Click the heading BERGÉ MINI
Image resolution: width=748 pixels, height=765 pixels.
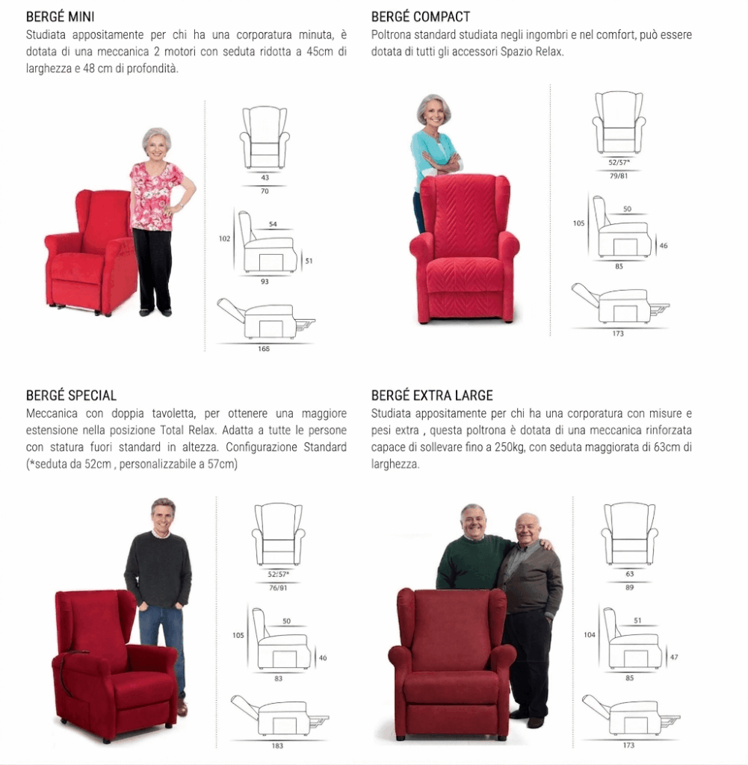click(x=60, y=16)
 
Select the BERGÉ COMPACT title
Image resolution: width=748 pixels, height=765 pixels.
click(x=420, y=16)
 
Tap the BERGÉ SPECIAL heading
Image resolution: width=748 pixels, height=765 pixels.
click(x=71, y=395)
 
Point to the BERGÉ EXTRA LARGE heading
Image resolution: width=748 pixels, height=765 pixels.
click(x=432, y=395)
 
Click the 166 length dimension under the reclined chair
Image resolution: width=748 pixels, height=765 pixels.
click(x=264, y=349)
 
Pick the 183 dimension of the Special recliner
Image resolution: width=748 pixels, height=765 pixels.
click(x=277, y=746)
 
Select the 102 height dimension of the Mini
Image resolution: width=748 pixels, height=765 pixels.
click(x=224, y=238)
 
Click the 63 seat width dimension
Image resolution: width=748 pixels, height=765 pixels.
click(x=629, y=574)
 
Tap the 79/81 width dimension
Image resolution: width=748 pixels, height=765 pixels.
click(x=619, y=176)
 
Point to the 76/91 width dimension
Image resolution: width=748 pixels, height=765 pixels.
click(x=278, y=588)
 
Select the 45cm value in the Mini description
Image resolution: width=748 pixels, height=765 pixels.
click(x=320, y=52)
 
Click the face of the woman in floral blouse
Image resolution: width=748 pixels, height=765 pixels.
click(x=157, y=145)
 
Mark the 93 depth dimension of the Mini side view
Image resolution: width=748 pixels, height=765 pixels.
click(x=265, y=282)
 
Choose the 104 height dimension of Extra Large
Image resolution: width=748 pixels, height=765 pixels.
click(x=590, y=635)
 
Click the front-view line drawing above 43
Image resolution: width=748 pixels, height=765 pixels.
click(x=265, y=137)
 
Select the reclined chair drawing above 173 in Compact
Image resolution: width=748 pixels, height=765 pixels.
click(x=620, y=303)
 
